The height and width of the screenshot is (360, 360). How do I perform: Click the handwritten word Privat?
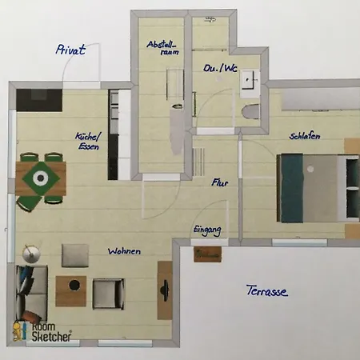tap(70, 50)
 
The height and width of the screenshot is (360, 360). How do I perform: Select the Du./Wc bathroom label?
tap(219, 68)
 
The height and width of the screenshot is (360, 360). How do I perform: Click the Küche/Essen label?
tap(89, 142)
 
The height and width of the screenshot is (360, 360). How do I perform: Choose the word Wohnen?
tap(124, 251)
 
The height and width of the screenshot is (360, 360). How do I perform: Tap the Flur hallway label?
tap(220, 182)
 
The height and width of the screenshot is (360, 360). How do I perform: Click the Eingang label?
tap(207, 230)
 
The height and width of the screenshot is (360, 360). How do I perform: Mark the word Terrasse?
tap(266, 291)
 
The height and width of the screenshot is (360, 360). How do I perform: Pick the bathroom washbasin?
tap(250, 78)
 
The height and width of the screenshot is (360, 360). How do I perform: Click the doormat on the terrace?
tap(207, 254)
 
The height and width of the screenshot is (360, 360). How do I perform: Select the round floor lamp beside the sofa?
tap(30, 254)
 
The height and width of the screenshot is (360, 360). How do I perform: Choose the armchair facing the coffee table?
tap(108, 292)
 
